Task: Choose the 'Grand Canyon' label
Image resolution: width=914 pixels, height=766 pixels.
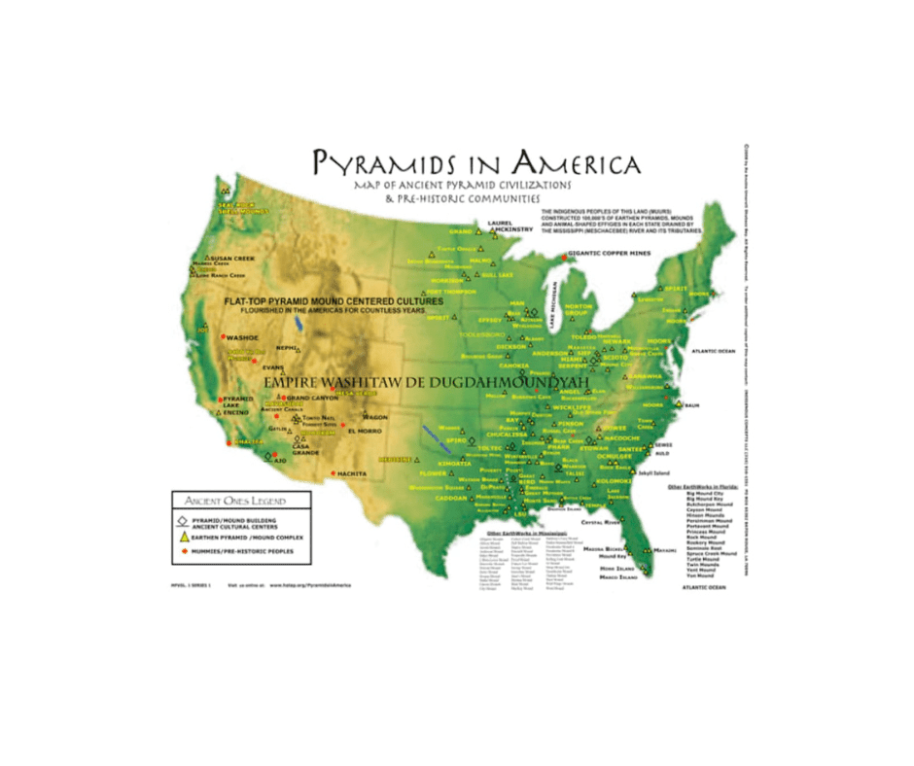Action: (x=312, y=399)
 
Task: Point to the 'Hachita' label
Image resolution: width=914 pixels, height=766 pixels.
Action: (x=353, y=473)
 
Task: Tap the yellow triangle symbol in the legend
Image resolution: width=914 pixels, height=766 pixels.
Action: (x=184, y=537)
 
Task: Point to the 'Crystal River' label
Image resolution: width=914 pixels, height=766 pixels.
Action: (x=600, y=522)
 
